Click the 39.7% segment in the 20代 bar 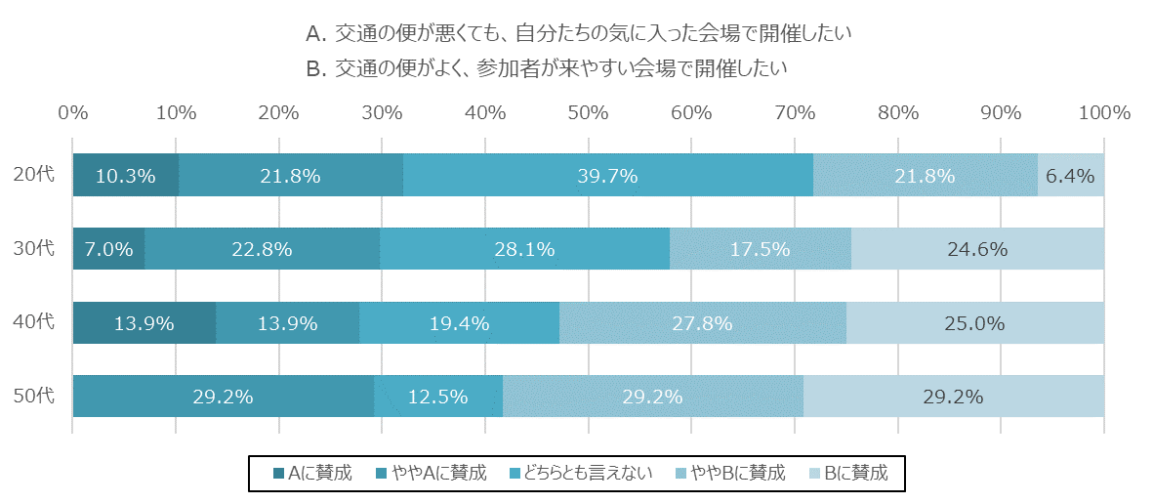tap(607, 176)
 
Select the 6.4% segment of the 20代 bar tap(1070, 176)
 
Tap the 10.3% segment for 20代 tap(126, 176)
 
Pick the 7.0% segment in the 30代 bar tap(108, 249)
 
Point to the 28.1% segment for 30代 tap(524, 249)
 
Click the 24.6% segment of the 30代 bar tap(977, 249)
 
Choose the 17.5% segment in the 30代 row tap(760, 249)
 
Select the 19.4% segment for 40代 tap(459, 323)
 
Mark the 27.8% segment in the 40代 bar tap(702, 323)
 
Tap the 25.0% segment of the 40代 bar tap(974, 323)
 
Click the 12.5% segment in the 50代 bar tap(437, 397)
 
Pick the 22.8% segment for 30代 tap(262, 249)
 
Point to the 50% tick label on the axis tap(589, 112)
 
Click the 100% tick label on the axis tap(1103, 112)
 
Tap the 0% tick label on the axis tap(73, 112)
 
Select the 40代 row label tap(34, 323)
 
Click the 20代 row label tap(34, 176)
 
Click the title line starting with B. tap(546, 68)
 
